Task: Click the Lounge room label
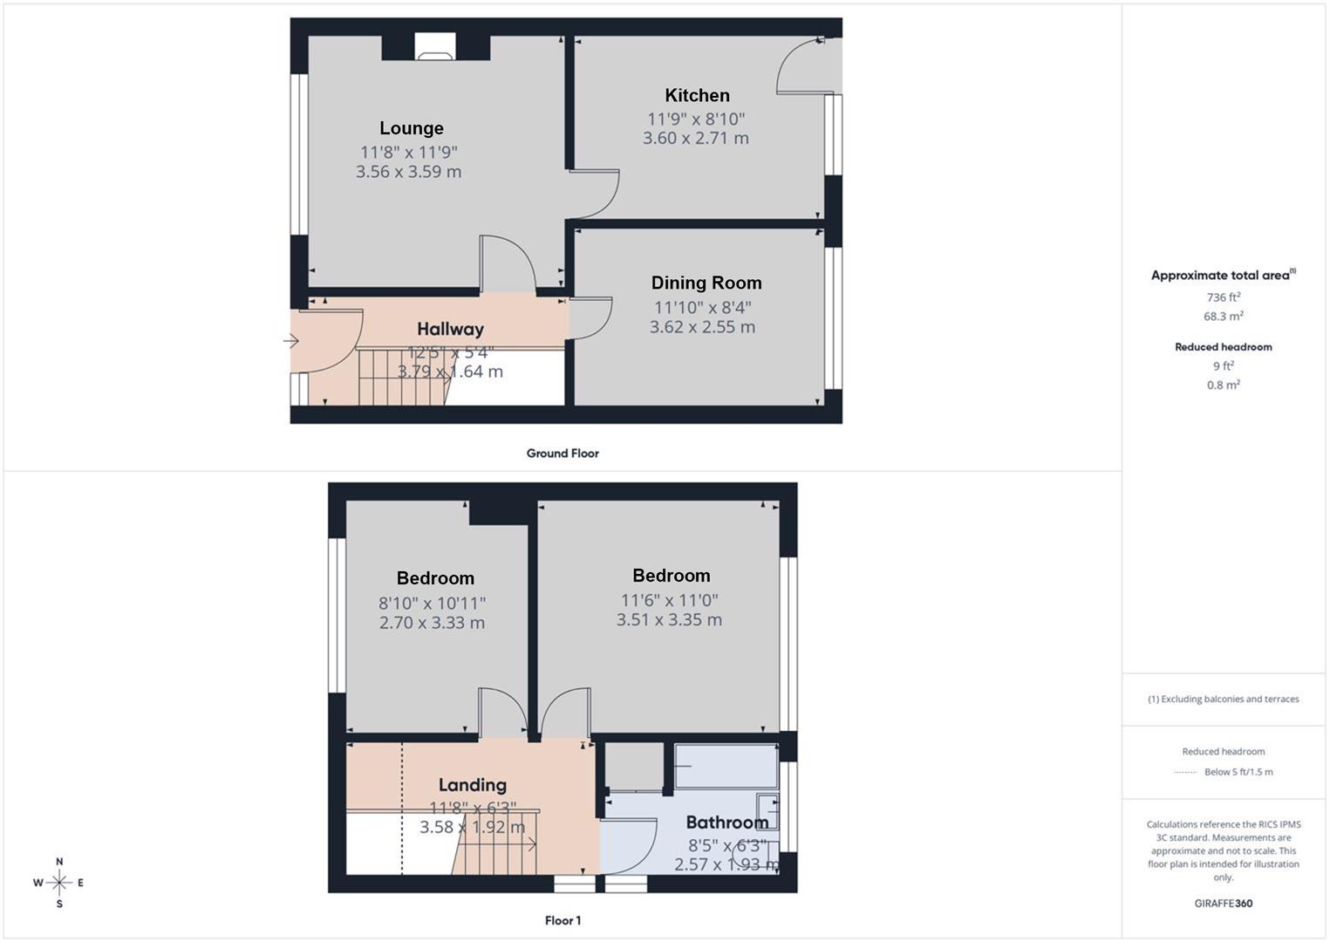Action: [x=411, y=128]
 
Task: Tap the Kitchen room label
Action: [x=697, y=95]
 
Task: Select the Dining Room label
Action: [x=706, y=283]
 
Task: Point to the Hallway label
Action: [x=450, y=329]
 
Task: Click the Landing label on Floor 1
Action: [x=472, y=785]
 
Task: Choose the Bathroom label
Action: [x=726, y=822]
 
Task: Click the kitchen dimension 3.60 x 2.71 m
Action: [x=695, y=138]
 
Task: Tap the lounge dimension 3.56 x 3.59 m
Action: [x=408, y=172]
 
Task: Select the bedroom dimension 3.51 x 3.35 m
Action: [x=669, y=620]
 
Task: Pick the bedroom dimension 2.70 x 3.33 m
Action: [x=432, y=623]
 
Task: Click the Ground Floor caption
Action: [x=563, y=454]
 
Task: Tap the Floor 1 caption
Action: [x=563, y=920]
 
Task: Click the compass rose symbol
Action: [x=59, y=883]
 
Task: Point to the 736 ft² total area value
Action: [x=1223, y=297]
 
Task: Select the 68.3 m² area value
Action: [x=1223, y=317]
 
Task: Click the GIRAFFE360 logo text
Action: [x=1223, y=904]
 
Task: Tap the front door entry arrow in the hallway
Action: [x=291, y=341]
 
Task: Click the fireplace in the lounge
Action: [x=433, y=48]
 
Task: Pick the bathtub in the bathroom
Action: [x=726, y=766]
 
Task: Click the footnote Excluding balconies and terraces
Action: [x=1223, y=699]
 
